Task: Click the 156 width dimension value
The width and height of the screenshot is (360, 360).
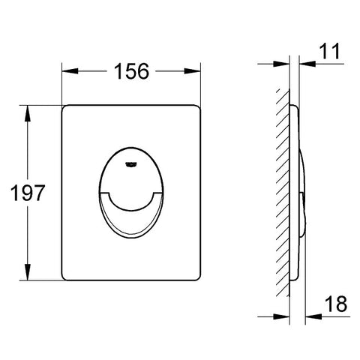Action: click(131, 71)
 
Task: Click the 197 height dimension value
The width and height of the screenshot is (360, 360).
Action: click(28, 193)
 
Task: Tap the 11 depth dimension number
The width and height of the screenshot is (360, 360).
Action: click(330, 51)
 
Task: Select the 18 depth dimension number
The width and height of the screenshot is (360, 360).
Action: click(336, 304)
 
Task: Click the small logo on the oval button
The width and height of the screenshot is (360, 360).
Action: click(131, 164)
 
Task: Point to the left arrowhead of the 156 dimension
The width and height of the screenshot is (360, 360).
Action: click(70, 71)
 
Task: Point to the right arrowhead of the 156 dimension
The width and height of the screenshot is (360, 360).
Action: click(192, 71)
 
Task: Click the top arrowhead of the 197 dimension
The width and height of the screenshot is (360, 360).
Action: click(28, 113)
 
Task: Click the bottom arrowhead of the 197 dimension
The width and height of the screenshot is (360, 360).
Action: click(28, 272)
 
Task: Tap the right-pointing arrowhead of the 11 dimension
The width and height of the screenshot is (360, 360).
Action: click(281, 64)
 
